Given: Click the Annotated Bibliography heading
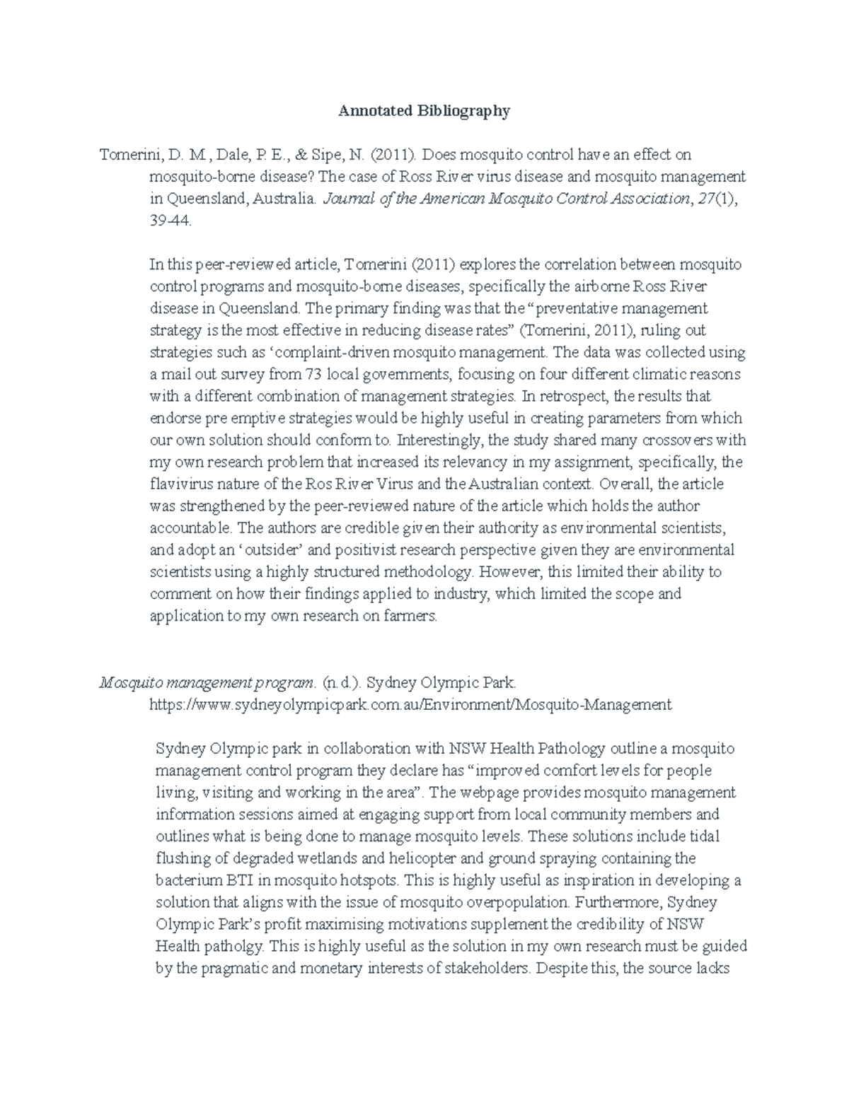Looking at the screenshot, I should point(424,111).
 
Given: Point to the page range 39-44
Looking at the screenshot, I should point(170,221).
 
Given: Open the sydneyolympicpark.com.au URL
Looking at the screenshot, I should point(410,704).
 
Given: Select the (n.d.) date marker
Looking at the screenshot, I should point(345,682).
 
